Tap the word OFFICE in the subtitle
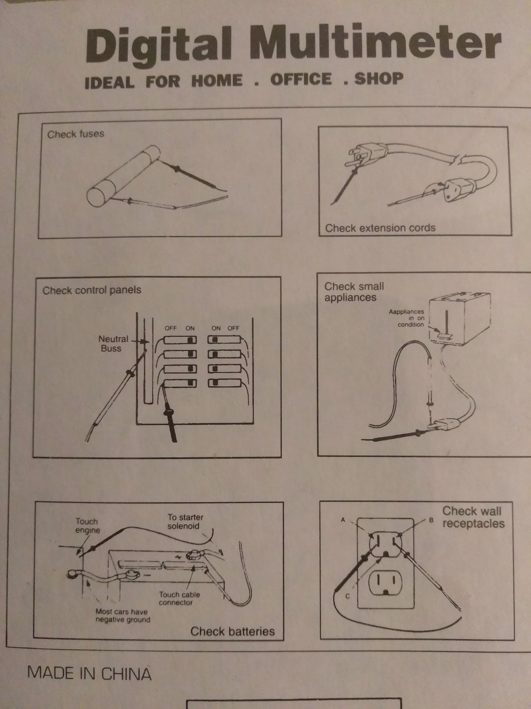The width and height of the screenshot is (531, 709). pyautogui.click(x=301, y=79)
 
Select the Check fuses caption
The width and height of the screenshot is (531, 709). pyautogui.click(x=75, y=134)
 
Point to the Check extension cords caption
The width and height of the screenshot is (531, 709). pyautogui.click(x=380, y=228)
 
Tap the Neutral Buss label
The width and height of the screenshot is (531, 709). pyautogui.click(x=113, y=344)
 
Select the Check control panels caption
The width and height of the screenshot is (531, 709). pyautogui.click(x=92, y=290)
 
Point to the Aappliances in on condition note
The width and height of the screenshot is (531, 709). pyautogui.click(x=407, y=318)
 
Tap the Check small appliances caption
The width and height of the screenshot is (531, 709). pyautogui.click(x=354, y=292)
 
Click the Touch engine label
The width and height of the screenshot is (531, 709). pyautogui.click(x=88, y=526)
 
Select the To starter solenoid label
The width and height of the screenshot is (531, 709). pyautogui.click(x=185, y=521)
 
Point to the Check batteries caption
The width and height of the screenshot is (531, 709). pyautogui.click(x=232, y=631)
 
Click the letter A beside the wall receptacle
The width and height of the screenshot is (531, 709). pyautogui.click(x=342, y=520)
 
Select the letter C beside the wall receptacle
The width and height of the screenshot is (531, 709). pyautogui.click(x=347, y=596)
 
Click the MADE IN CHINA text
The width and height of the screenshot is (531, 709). pyautogui.click(x=89, y=674)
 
